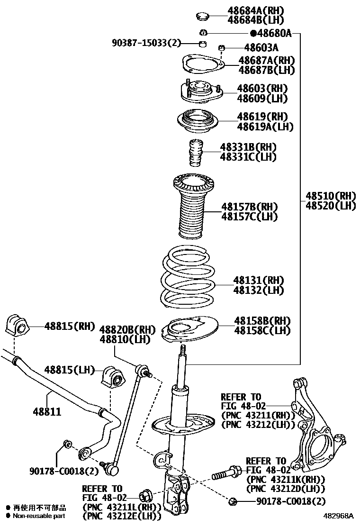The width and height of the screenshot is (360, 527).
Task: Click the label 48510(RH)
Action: tap(330, 196)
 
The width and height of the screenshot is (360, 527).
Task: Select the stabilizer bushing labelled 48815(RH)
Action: tap(17, 327)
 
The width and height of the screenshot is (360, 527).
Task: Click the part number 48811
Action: tap(47, 412)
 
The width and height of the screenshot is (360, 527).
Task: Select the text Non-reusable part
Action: tap(39, 516)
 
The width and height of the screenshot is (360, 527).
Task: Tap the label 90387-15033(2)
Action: tap(147, 44)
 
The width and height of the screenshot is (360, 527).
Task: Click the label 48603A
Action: tap(261, 47)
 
